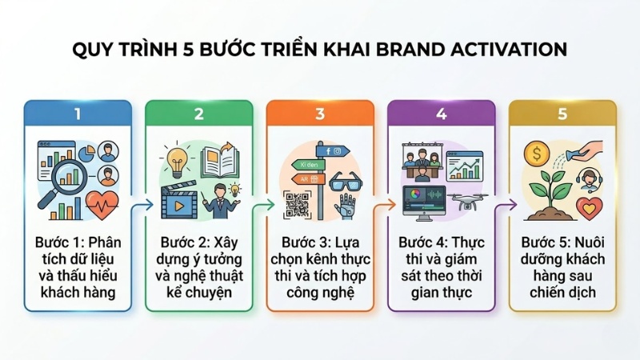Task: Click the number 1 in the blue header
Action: point(78,114)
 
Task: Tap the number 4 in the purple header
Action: point(441,114)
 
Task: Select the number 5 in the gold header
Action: point(562,114)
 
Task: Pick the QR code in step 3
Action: point(298,206)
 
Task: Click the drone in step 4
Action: point(467,202)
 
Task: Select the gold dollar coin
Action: point(538,153)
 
